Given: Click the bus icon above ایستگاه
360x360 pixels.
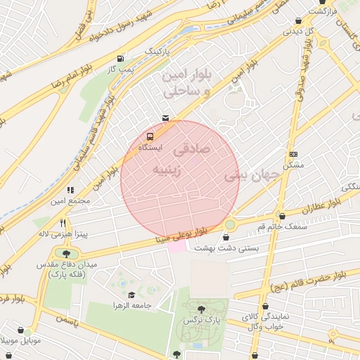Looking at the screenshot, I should pos(150,136).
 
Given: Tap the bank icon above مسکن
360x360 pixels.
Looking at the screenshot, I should pos(293,154).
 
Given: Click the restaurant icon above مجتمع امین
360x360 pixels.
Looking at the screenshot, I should pos(70,190).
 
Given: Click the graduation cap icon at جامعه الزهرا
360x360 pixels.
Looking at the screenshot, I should pos(131,295).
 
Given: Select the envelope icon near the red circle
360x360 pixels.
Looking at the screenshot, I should pos(165,117).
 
